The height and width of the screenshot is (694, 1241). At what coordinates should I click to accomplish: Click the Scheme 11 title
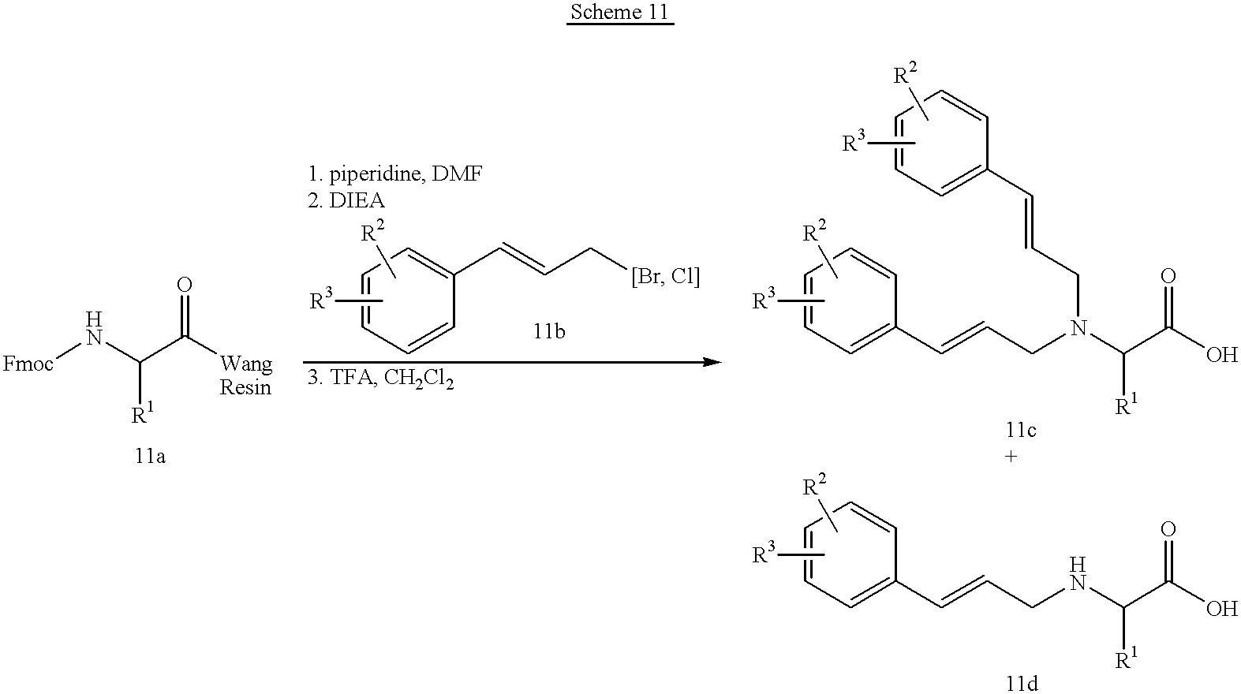[620, 12]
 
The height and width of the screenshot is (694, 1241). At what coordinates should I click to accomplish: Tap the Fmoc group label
[28, 364]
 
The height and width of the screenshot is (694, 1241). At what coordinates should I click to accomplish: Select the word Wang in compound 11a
[246, 364]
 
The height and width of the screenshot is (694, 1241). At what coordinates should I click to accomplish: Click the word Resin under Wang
[245, 387]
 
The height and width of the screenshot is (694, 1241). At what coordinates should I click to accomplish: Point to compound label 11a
[150, 456]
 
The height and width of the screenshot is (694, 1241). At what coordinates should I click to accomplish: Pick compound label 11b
[549, 331]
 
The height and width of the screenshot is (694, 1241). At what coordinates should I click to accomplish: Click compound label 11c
[1021, 429]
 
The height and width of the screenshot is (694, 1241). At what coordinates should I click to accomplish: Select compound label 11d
[1022, 684]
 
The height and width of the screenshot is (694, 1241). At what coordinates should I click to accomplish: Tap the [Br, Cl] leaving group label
[665, 276]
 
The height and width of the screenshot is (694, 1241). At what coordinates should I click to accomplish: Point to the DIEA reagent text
[357, 200]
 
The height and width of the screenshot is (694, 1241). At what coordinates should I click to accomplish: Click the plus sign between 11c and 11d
[1011, 457]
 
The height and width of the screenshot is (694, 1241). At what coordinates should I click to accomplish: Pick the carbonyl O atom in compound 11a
[185, 285]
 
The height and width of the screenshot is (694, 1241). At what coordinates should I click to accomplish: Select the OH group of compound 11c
[1221, 355]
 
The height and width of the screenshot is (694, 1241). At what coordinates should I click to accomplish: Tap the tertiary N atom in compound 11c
[1078, 328]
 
